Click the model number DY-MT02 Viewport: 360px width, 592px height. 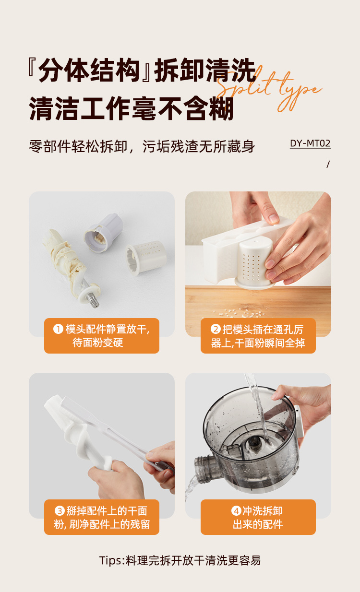pyautogui.click(x=310, y=143)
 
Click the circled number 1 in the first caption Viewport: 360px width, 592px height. pyautogui.click(x=58, y=329)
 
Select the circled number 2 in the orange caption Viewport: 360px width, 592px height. pyautogui.click(x=216, y=329)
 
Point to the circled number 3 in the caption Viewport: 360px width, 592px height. pyautogui.click(x=60, y=510)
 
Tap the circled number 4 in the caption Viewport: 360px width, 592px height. pyautogui.click(x=236, y=510)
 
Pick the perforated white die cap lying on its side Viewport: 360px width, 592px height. pyautogui.click(x=146, y=258)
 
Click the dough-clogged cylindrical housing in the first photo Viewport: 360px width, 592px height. pyautogui.click(x=104, y=233)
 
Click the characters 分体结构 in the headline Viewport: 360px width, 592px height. pyautogui.click(x=89, y=71)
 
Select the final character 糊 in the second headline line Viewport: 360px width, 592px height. pyautogui.click(x=222, y=108)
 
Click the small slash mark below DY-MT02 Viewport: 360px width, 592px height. pyautogui.click(x=328, y=165)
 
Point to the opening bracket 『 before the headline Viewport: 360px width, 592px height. pyautogui.click(x=32, y=69)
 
